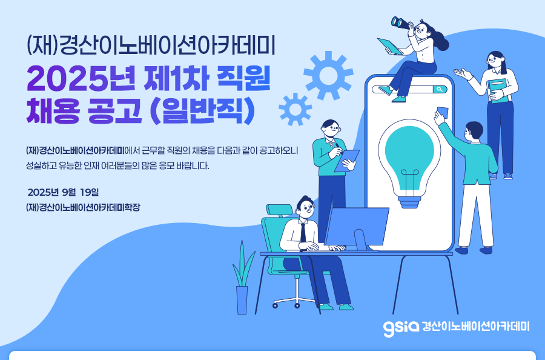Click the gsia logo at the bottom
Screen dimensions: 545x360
pos(401,328)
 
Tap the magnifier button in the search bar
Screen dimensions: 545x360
pos(440,89)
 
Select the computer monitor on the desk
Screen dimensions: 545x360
pos(357,228)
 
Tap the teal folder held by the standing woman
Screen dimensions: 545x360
pos(500,90)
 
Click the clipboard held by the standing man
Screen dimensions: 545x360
pos(346,161)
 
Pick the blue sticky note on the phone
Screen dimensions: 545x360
pos(443,112)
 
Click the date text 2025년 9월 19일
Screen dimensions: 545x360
pos(63,192)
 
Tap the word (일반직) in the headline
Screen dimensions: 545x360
pos(203,112)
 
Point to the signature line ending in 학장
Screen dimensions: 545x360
pos(83,208)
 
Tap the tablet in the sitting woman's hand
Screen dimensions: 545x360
pos(390,46)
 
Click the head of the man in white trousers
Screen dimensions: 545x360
pos(474,131)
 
